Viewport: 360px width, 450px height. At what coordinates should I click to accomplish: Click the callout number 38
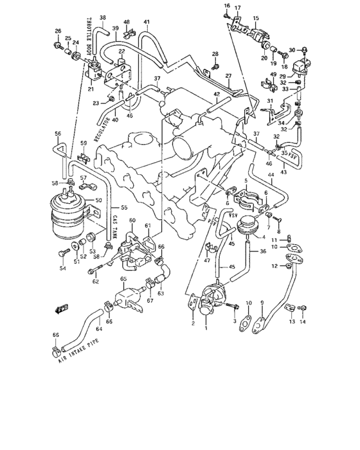tap(103, 17)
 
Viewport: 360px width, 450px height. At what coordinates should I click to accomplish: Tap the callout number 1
tap(206, 328)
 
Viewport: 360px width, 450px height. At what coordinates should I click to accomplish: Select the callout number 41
tap(147, 22)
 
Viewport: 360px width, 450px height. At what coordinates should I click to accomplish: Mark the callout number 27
tap(228, 76)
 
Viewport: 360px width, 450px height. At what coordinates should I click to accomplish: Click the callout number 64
tap(99, 329)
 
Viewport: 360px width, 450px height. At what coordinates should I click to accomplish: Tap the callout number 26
tap(57, 31)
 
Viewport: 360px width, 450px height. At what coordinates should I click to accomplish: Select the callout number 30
tap(291, 50)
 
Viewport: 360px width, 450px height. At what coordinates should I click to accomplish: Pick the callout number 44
tap(271, 175)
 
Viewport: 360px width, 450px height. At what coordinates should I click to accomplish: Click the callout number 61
tap(147, 226)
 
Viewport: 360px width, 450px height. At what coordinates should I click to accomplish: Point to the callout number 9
tap(262, 303)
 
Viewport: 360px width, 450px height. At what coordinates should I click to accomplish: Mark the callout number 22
tap(121, 51)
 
